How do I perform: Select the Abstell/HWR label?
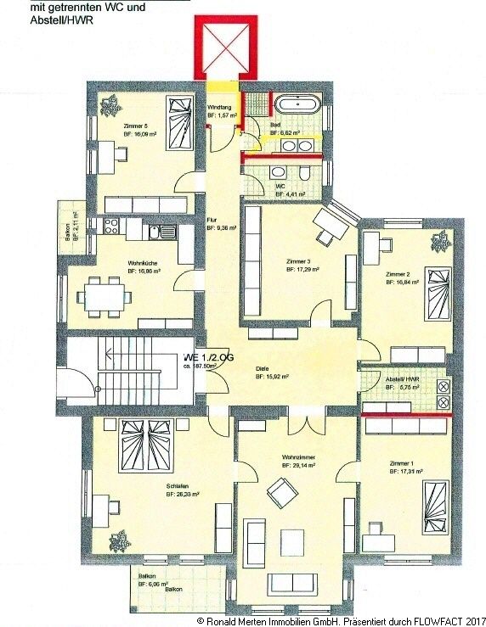point(401,379)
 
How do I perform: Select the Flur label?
point(212,220)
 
